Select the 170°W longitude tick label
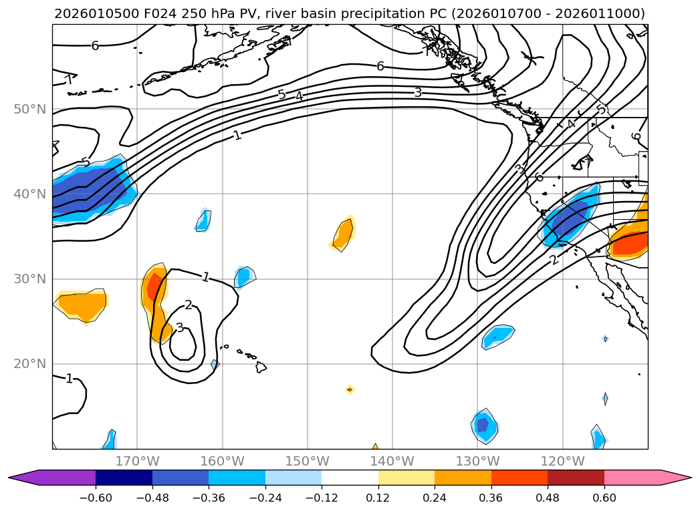(x=138, y=462)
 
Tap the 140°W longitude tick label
(x=392, y=462)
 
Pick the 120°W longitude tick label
(x=562, y=462)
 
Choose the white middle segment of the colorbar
(x=350, y=477)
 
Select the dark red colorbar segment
(x=576, y=477)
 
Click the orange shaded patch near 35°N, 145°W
(x=344, y=234)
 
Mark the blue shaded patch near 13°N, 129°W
(x=483, y=425)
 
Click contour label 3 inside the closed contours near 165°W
(x=179, y=328)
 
